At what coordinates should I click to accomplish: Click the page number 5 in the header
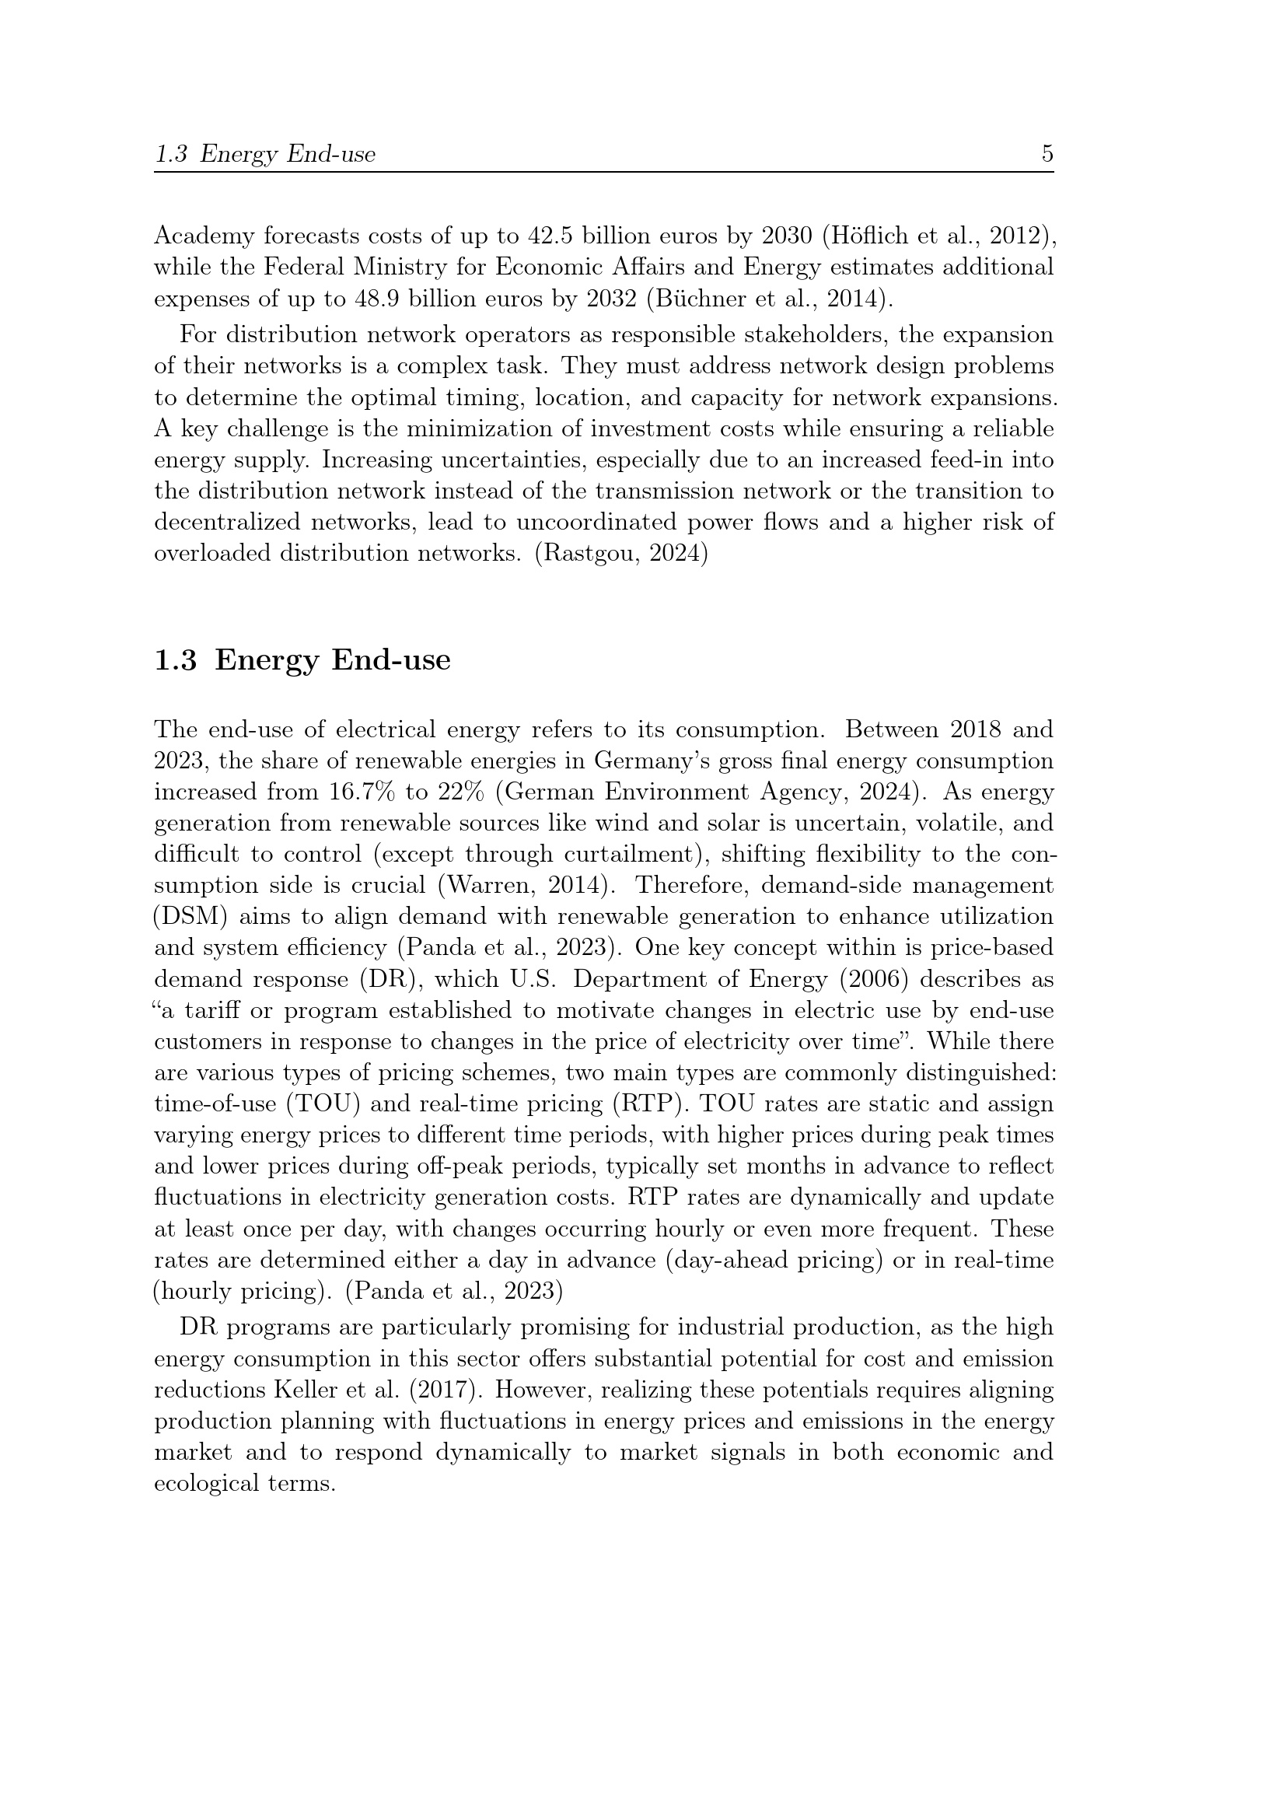(x=1047, y=154)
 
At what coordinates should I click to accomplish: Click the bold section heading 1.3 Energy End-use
(x=302, y=659)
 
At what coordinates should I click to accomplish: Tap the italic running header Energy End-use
(x=288, y=154)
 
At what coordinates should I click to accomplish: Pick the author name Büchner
(x=697, y=299)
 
